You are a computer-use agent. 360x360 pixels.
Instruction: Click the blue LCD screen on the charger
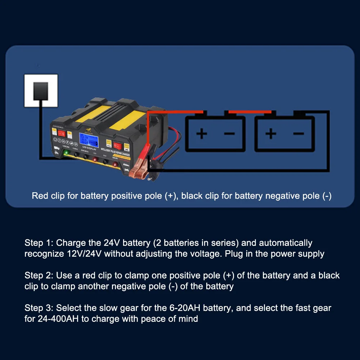point(89,140)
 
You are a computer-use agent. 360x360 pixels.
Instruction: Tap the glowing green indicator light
point(66,153)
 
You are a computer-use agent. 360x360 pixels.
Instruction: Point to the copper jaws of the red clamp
point(138,173)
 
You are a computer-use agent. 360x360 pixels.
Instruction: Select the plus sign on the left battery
point(202,134)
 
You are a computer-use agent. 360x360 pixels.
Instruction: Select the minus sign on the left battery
point(229,134)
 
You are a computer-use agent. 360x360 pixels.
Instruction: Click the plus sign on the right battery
point(271,134)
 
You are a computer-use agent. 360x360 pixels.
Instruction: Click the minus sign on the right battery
point(298,134)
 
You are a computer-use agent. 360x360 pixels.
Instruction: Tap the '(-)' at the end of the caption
point(326,196)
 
